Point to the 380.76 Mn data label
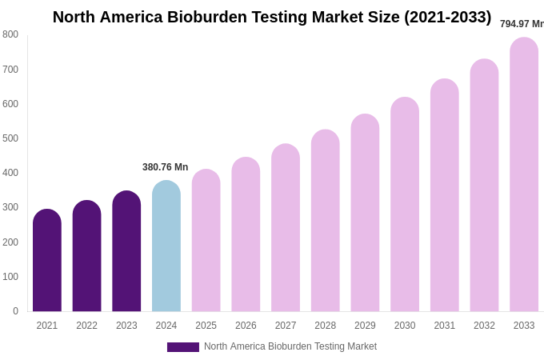[x=166, y=167]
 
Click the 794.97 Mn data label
[x=522, y=24]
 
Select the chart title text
[x=272, y=17]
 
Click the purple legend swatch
[x=182, y=347]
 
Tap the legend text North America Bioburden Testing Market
[x=290, y=346]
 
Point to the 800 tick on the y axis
[x=10, y=34]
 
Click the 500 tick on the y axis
[x=10, y=138]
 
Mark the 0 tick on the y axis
[x=15, y=311]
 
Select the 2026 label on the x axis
[x=246, y=326]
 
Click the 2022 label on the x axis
[x=86, y=326]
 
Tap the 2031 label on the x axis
[x=444, y=326]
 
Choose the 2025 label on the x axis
[x=206, y=326]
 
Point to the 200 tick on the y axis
[x=10, y=242]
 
